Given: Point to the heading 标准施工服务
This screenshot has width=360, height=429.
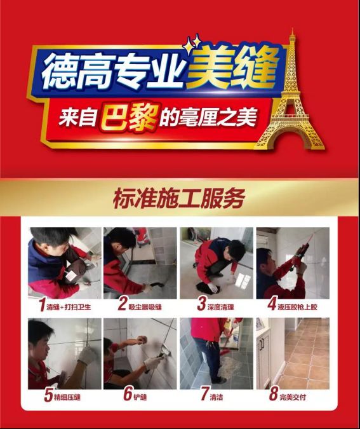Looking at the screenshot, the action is [179, 198].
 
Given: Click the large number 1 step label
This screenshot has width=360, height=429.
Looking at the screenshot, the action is [42, 305].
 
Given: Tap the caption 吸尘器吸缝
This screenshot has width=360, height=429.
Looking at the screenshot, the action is [145, 307].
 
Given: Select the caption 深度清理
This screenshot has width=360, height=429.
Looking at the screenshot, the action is [220, 307].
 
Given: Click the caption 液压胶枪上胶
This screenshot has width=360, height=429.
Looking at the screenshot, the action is [297, 307].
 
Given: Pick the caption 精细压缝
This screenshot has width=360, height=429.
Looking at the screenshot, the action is [67, 397].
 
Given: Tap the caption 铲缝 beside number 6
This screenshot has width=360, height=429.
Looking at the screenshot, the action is [140, 397].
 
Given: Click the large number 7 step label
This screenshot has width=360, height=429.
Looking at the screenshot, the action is [204, 394].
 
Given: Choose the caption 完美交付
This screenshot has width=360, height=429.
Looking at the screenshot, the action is [293, 397].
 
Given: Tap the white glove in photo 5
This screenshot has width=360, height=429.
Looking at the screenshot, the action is [88, 355].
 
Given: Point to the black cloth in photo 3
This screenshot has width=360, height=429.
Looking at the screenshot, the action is [205, 289].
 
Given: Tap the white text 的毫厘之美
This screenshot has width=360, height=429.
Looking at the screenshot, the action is [208, 118].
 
